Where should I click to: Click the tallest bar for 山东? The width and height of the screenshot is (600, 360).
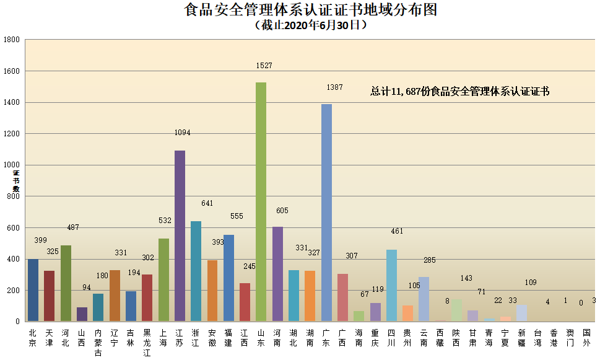(261, 201)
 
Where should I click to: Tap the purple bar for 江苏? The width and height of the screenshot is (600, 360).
(180, 235)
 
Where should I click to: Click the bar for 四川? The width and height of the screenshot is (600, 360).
(391, 285)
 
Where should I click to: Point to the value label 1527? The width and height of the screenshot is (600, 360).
(264, 65)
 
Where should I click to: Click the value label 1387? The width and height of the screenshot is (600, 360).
(334, 87)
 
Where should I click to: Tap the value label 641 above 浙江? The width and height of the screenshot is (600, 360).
(207, 203)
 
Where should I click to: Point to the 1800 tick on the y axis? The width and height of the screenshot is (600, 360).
(12, 40)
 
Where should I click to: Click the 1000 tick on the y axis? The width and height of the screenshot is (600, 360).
(12, 165)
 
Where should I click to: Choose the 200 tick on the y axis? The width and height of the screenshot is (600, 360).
(14, 291)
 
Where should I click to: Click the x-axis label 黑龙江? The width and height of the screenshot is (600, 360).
(147, 343)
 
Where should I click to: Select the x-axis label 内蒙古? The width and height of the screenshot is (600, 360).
(98, 343)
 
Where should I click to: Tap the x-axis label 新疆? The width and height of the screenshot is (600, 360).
(521, 338)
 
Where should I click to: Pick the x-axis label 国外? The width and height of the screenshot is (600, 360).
(586, 338)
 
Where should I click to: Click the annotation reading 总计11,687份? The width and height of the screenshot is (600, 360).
(459, 91)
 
